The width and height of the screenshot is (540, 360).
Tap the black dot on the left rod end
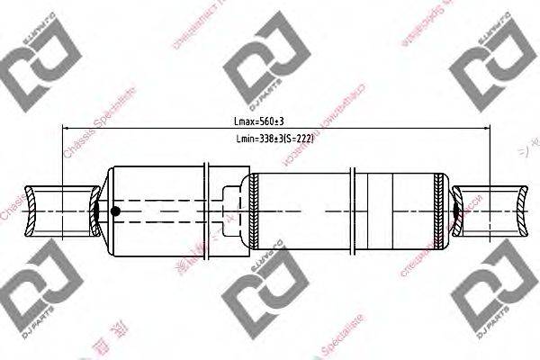pyautogui.click(x=115, y=212)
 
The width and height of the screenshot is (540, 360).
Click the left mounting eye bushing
pyautogui.click(x=61, y=211)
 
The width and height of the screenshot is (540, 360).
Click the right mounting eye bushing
pyautogui.click(x=490, y=211)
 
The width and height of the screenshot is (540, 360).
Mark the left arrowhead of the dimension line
pyautogui.click(x=66, y=128)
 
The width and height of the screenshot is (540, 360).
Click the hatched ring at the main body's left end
pyautogui.click(x=255, y=211)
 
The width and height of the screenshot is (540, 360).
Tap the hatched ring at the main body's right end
pyautogui.click(x=439, y=211)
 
